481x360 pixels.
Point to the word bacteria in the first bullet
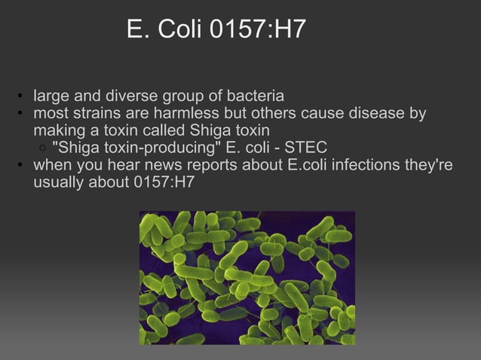point(256,97)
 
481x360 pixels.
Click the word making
point(57,131)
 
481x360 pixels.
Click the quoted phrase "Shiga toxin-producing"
point(133,148)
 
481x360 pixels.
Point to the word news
point(150,165)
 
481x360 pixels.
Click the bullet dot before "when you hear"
point(23,166)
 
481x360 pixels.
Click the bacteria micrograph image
point(247,277)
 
